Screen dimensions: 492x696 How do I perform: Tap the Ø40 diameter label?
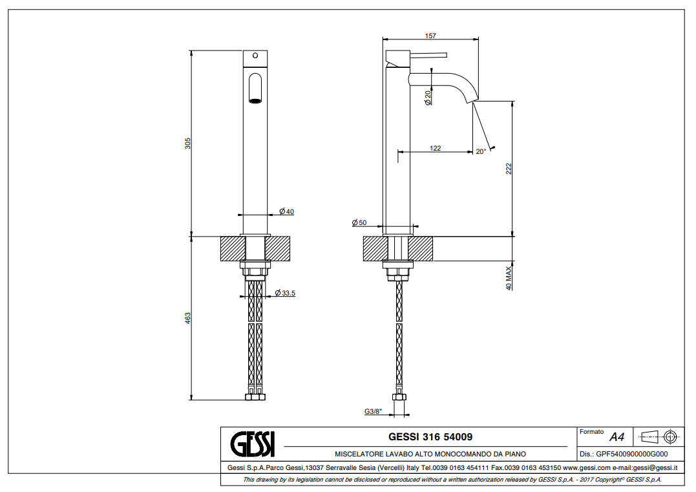click(x=287, y=211)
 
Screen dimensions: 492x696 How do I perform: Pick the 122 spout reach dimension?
click(x=435, y=148)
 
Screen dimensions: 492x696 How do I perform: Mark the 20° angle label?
click(x=481, y=152)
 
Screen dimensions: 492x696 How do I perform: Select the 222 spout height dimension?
click(x=509, y=169)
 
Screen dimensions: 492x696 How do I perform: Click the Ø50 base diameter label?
click(x=359, y=222)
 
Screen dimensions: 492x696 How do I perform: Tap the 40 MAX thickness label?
click(x=509, y=277)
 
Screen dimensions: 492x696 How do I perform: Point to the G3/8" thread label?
click(x=373, y=411)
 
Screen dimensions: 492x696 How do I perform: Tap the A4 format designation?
click(x=617, y=437)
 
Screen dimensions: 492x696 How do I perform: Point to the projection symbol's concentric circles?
click(x=670, y=436)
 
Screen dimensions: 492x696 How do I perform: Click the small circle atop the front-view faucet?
click(x=255, y=55)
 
